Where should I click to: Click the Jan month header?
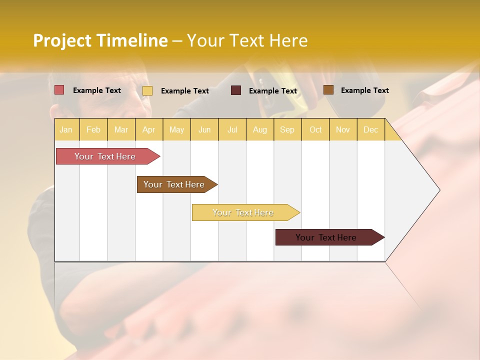(x=66, y=129)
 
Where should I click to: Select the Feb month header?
(x=93, y=129)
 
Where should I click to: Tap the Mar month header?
(x=121, y=129)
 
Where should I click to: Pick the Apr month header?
(x=148, y=129)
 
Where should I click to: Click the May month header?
(x=176, y=129)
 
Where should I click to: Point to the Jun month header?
(x=204, y=129)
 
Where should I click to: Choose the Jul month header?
(x=232, y=129)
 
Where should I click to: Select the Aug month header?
(x=260, y=129)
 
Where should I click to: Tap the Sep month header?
(x=287, y=129)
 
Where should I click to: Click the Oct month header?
(x=315, y=129)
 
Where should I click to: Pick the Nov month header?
(x=343, y=129)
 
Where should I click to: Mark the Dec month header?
(x=370, y=129)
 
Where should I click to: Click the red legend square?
(x=59, y=90)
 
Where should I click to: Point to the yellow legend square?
(x=147, y=90)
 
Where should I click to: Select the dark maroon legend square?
(x=236, y=90)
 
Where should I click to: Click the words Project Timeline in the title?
(x=100, y=40)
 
